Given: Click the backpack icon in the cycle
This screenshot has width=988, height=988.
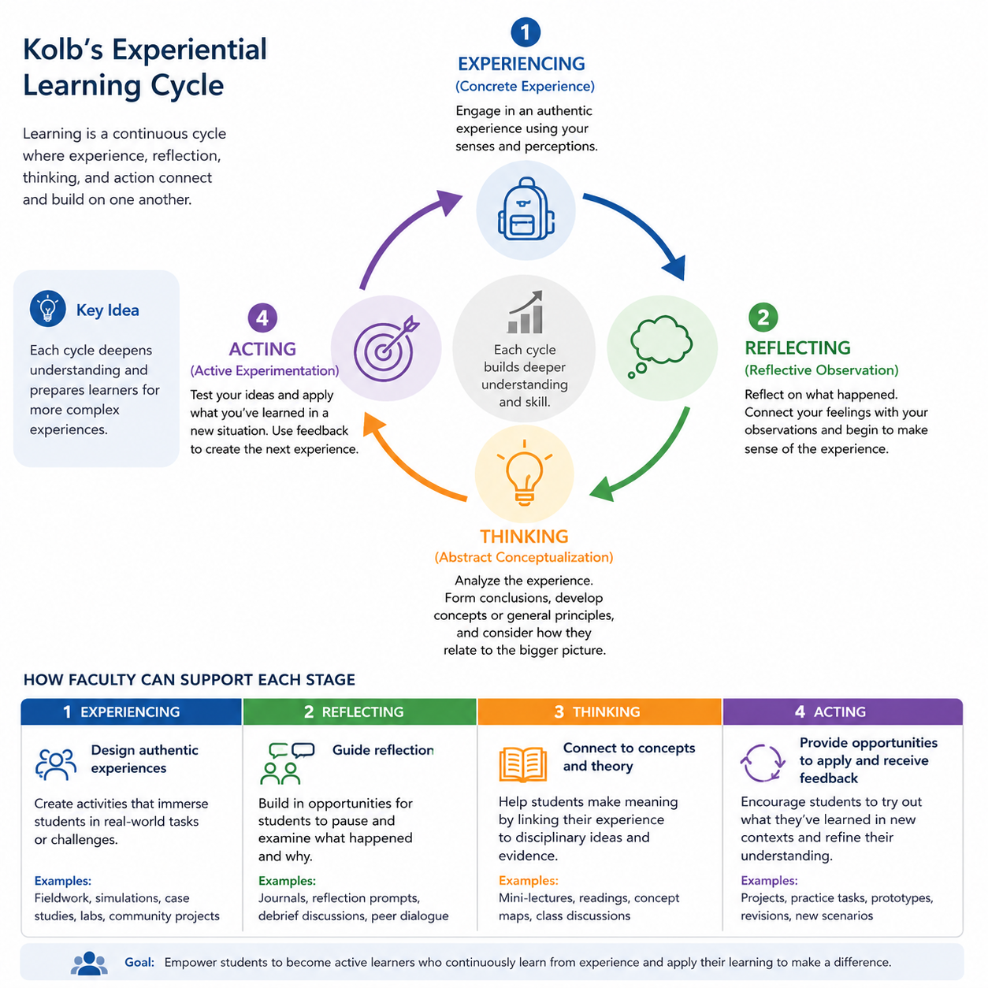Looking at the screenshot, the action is [526, 209].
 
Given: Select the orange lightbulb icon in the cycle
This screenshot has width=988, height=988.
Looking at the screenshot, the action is [524, 473].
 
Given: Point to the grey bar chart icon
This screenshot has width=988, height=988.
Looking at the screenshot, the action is [525, 312].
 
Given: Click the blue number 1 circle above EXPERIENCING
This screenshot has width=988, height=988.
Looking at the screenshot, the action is [525, 32].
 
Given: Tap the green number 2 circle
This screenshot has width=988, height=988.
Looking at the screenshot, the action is [763, 318].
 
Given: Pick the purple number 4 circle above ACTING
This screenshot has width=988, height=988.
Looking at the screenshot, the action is [262, 318].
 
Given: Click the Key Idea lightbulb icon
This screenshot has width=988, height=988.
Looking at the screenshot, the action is [48, 309].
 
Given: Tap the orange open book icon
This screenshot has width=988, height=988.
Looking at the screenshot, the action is [523, 764].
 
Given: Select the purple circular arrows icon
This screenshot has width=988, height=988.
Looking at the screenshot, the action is [763, 763].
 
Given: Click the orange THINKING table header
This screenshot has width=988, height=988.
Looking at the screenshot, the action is [600, 711].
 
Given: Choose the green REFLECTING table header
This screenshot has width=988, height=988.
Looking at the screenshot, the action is [359, 711].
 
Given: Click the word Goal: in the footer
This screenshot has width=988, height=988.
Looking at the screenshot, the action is [139, 962].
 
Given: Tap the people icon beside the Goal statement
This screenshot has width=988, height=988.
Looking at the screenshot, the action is [89, 963].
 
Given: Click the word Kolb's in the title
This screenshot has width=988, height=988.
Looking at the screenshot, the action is [63, 50].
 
